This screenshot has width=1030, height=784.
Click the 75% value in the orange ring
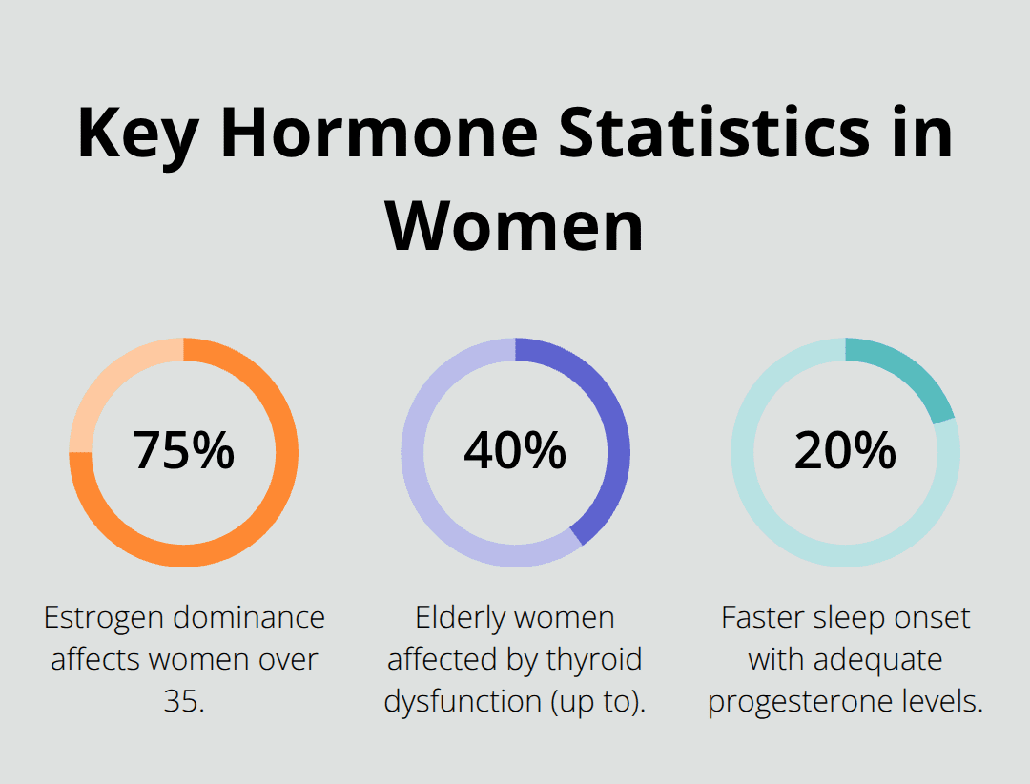pos(184,450)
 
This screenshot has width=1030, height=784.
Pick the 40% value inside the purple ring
pos(515,450)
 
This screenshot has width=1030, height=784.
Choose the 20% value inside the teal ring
pos(845,450)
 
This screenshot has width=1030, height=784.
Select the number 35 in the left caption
pos(178,701)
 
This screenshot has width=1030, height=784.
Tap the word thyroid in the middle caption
pos(597,659)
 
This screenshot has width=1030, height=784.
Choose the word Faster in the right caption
pos(762,618)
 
